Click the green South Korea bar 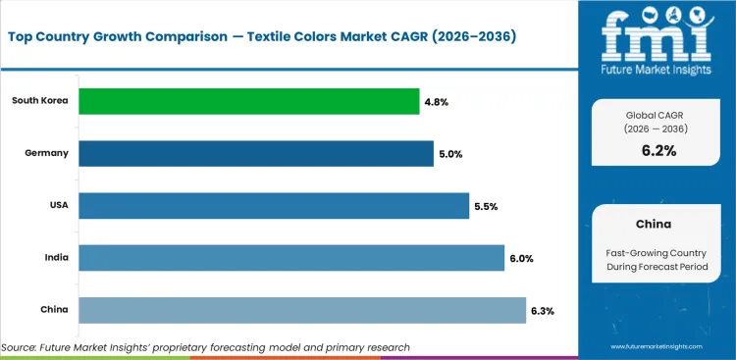tap(248, 101)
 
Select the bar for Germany tap(255, 153)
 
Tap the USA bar tap(273, 205)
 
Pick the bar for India tap(290, 257)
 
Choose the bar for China tap(301, 310)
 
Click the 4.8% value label tap(437, 101)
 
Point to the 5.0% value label tap(450, 153)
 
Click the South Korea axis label tap(39, 101)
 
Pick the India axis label tap(55, 257)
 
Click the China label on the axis tap(54, 310)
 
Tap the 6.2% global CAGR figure tap(658, 150)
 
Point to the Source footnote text tap(205, 347)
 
